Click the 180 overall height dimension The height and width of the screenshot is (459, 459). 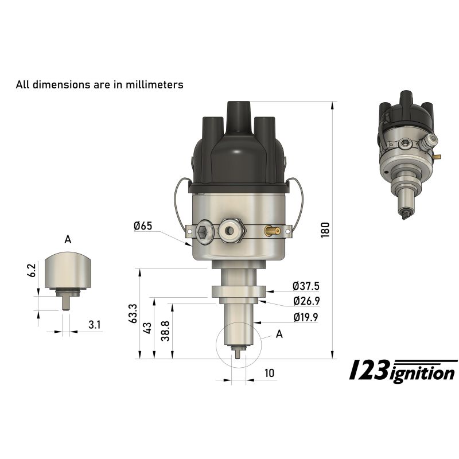pos(325,230)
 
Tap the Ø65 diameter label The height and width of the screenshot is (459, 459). pos(143,225)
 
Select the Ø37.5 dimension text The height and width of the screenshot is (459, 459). pos(306,286)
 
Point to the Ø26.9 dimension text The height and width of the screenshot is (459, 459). pos(306,301)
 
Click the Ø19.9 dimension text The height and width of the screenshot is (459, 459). pos(306,317)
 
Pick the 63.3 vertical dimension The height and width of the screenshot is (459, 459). pos(133,313)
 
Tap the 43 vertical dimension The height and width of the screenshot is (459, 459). pos(147,328)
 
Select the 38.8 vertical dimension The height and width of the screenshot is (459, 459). pos(165,331)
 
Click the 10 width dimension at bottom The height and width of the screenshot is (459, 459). pos(270,374)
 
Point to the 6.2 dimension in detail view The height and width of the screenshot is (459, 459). pos(32,270)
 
